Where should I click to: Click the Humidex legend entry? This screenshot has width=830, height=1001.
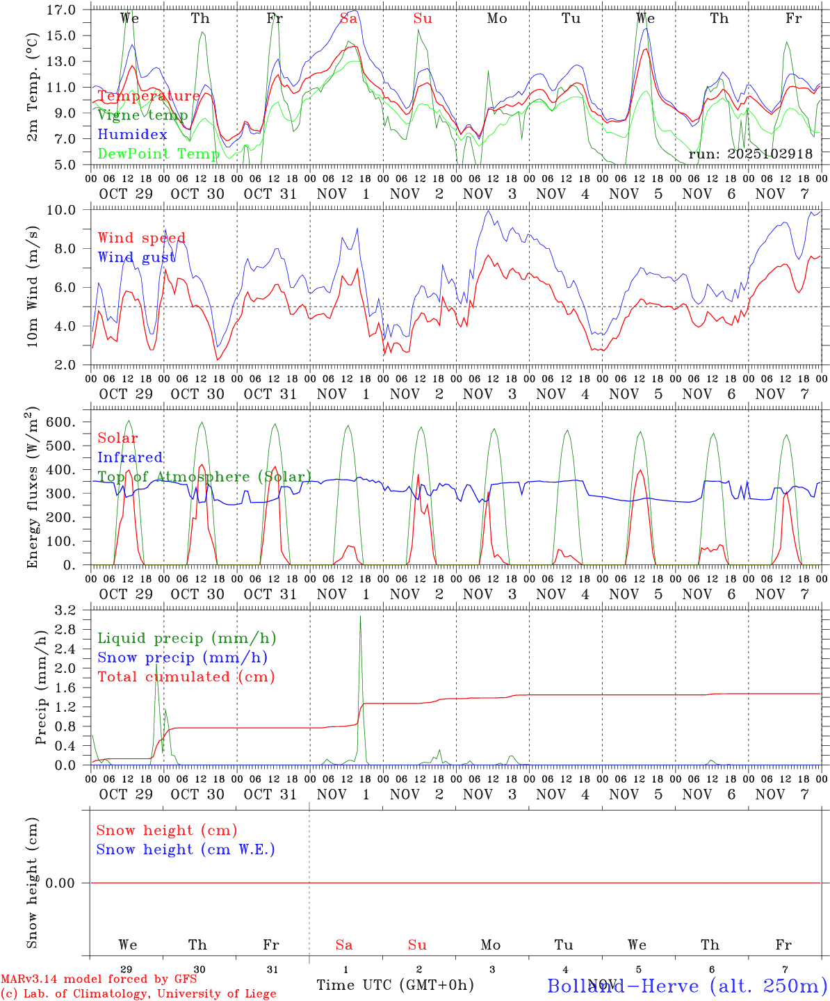click(x=132, y=134)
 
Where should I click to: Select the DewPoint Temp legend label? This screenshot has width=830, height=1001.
click(x=158, y=154)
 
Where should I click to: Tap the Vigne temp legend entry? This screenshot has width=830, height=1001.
click(x=143, y=115)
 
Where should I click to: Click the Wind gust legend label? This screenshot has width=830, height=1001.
click(x=136, y=257)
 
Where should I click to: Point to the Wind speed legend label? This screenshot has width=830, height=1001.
click(x=141, y=238)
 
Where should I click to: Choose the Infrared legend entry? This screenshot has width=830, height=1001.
click(x=130, y=457)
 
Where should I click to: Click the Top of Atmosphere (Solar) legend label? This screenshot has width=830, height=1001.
click(x=204, y=476)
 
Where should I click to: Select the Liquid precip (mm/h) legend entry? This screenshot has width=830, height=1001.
click(x=186, y=638)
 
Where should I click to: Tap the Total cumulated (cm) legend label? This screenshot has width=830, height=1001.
click(x=186, y=676)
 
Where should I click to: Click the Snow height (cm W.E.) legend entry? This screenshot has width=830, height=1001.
click(x=186, y=849)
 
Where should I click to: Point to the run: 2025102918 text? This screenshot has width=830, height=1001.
click(x=750, y=154)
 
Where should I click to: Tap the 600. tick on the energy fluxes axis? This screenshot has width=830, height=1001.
click(x=60, y=422)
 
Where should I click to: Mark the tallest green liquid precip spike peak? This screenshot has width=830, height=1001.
click(x=360, y=617)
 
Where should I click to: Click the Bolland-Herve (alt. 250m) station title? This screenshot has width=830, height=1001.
click(x=687, y=985)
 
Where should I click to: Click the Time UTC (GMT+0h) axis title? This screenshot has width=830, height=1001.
click(x=395, y=985)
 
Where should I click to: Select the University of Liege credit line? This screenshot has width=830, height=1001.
click(x=139, y=994)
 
